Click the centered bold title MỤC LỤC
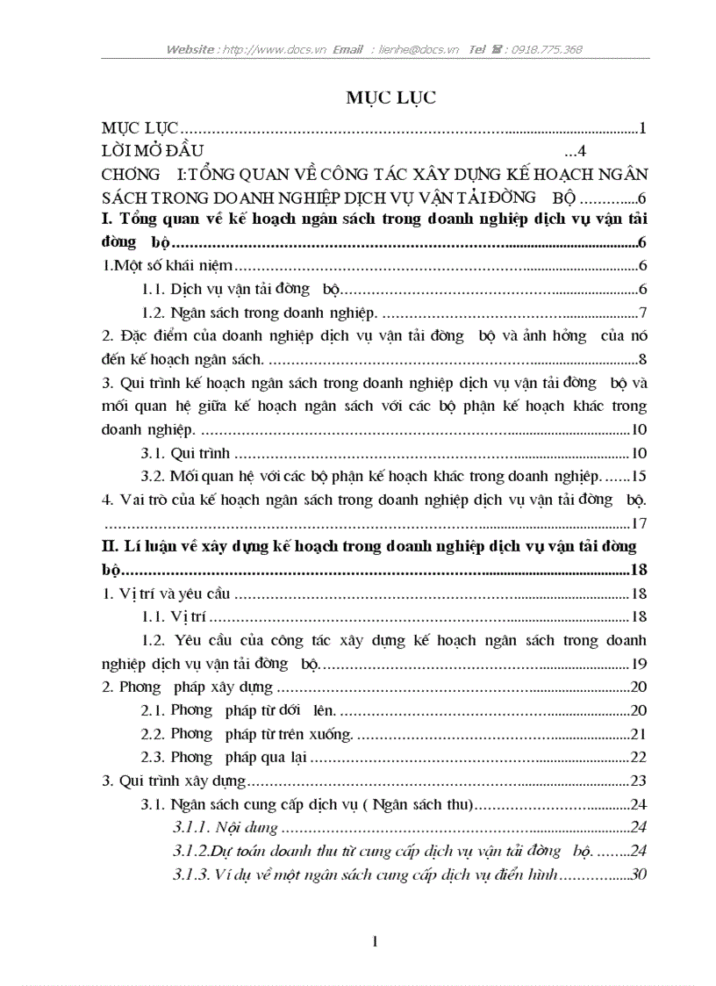click(x=390, y=97)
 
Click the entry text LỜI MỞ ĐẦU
click(x=154, y=149)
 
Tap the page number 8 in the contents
click(x=642, y=358)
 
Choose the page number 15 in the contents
click(x=639, y=476)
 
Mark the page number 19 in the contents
click(x=639, y=664)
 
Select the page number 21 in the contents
click(x=639, y=734)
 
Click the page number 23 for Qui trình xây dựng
click(x=639, y=781)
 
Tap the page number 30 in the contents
click(x=639, y=874)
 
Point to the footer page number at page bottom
click(x=375, y=942)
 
